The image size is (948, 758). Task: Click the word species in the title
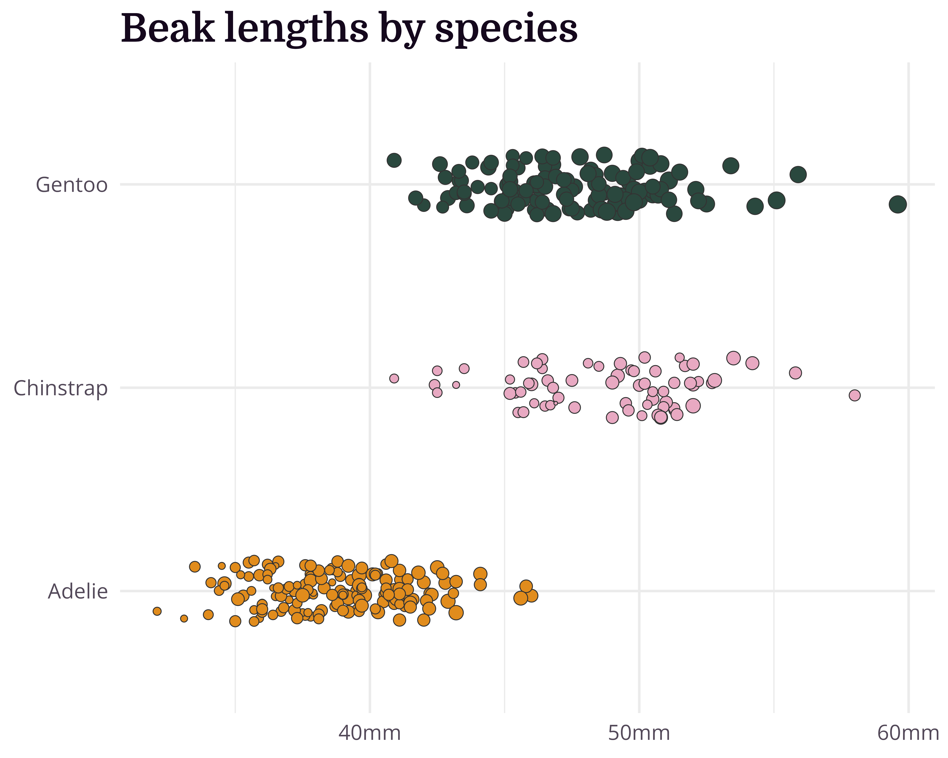pos(506,30)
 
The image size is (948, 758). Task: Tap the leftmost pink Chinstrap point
pos(394,378)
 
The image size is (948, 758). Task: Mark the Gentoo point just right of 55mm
pos(777,200)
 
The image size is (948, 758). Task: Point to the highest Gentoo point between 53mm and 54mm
pos(731,166)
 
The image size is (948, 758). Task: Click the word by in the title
pos(401,30)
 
